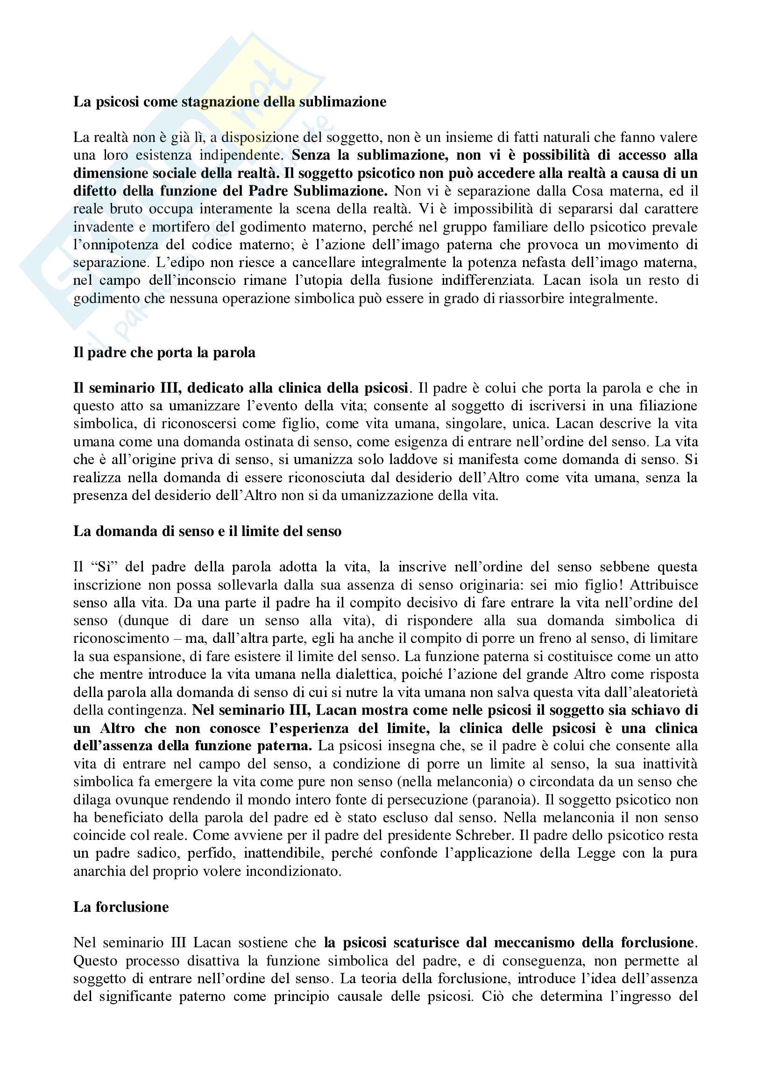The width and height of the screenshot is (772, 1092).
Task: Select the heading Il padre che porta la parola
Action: pos(164,352)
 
